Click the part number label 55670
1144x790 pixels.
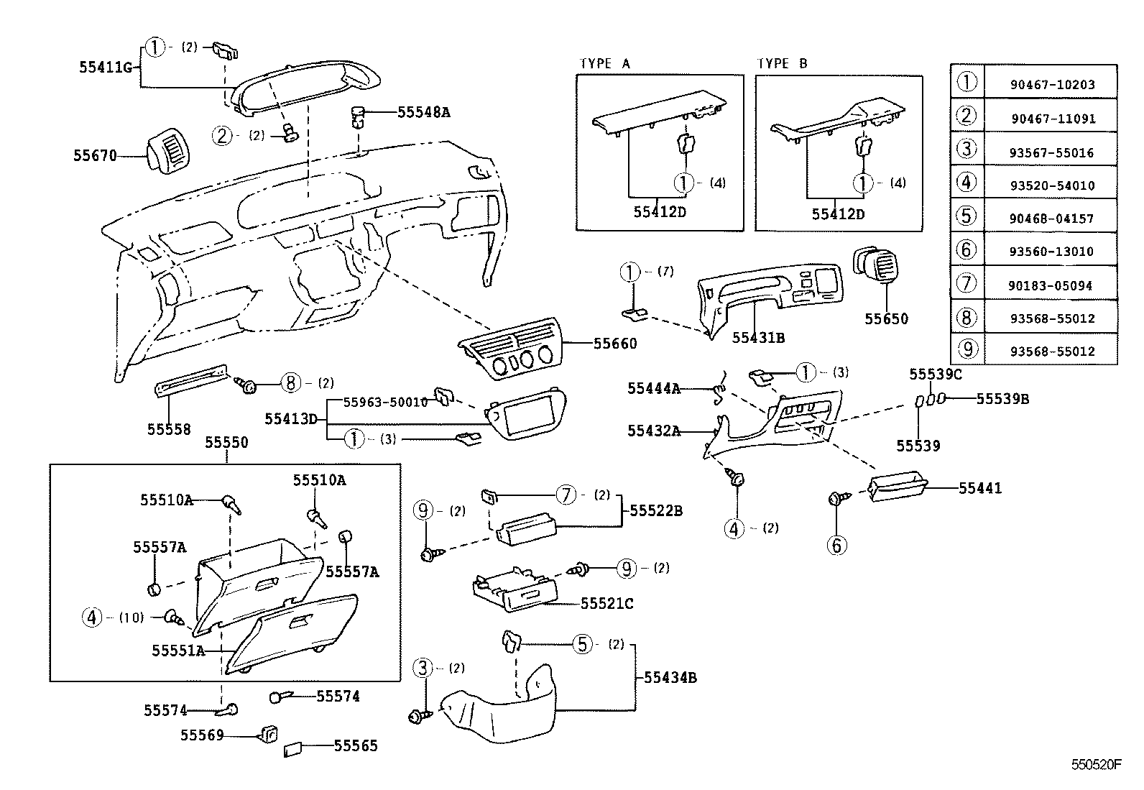(94, 155)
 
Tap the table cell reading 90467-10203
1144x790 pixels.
(1052, 85)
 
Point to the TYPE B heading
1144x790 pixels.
(782, 64)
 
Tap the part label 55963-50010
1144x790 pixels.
(385, 403)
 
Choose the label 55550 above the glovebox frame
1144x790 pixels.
(226, 443)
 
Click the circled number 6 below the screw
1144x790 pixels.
(836, 546)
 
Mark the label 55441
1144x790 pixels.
(979, 489)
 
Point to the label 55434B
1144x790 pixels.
(670, 678)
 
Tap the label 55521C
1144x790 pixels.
(606, 604)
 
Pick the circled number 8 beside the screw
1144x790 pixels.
(290, 383)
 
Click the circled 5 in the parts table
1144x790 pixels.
(967, 216)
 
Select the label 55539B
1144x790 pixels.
(1002, 399)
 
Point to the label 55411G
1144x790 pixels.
(106, 68)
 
